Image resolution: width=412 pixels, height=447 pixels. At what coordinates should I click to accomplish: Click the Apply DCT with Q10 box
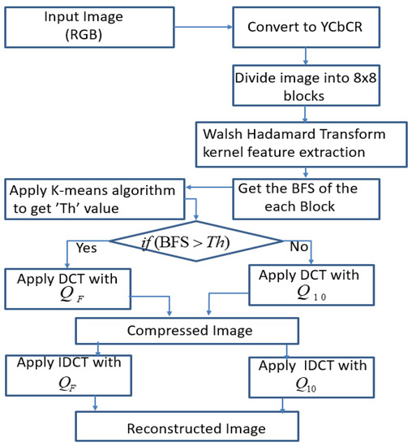point(311,284)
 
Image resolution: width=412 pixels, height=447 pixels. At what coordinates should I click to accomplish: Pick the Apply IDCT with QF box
point(66,374)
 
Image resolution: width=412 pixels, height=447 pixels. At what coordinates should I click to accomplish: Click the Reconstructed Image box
point(187,427)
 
